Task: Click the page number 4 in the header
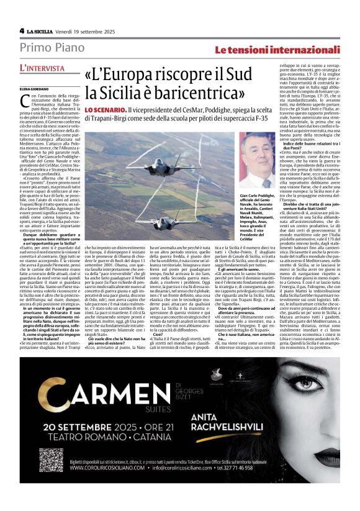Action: (x=22, y=30)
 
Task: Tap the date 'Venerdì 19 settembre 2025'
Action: (x=86, y=30)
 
